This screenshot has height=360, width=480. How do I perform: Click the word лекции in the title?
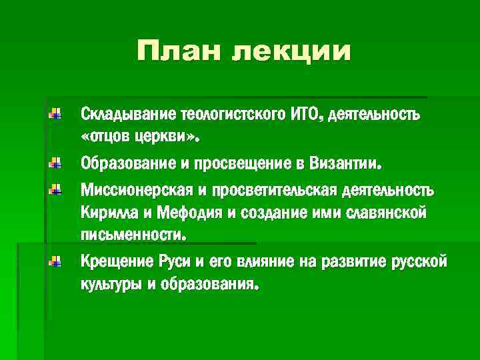click(x=290, y=52)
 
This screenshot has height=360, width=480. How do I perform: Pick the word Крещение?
click(x=111, y=261)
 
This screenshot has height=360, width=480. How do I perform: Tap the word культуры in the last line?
click(x=111, y=285)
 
